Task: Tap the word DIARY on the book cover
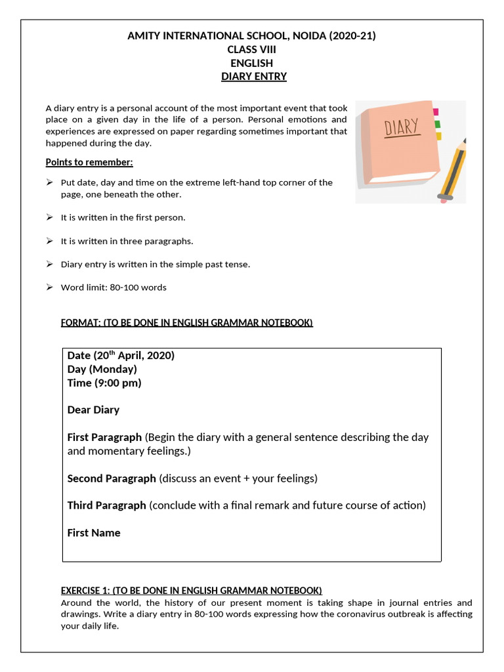tap(402, 127)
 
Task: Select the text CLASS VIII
tap(251, 50)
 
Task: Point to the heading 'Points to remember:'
tap(89, 162)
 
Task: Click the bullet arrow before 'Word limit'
tap(49, 287)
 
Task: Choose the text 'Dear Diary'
tap(93, 409)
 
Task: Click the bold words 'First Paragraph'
tap(104, 437)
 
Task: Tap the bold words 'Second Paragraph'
tap(112, 478)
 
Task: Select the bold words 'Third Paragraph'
tap(106, 505)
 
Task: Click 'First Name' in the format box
tap(94, 533)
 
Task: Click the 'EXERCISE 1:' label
tap(87, 590)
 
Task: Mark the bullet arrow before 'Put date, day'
tap(49, 182)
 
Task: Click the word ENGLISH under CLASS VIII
tap(251, 63)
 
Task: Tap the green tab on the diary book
tap(438, 123)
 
